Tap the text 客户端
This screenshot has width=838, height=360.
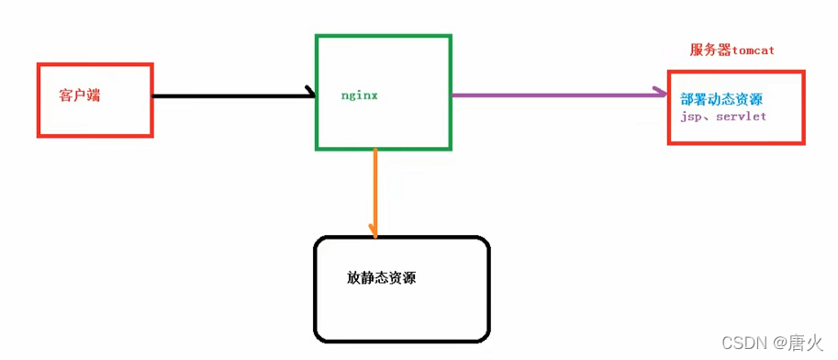pyautogui.click(x=78, y=95)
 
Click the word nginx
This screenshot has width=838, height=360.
pyautogui.click(x=359, y=95)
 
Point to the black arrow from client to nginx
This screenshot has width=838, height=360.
pyautogui.click(x=229, y=95)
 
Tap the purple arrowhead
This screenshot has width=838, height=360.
pyautogui.click(x=661, y=92)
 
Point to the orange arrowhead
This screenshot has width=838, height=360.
pyautogui.click(x=374, y=230)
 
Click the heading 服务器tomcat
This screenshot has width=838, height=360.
pyautogui.click(x=732, y=50)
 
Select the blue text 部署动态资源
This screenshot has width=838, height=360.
pyautogui.click(x=721, y=99)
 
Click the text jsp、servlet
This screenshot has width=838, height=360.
pyautogui.click(x=723, y=118)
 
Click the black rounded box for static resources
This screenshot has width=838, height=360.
pyautogui.click(x=401, y=312)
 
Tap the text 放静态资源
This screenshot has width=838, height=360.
pyautogui.click(x=381, y=277)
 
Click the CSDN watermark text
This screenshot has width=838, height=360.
pyautogui.click(x=743, y=343)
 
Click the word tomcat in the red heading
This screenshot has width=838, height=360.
pyautogui.click(x=754, y=50)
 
